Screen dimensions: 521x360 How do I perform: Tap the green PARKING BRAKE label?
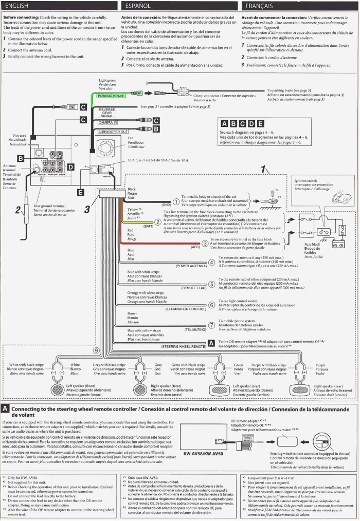point(111,96)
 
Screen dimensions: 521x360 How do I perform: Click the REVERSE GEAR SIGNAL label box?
point(107,113)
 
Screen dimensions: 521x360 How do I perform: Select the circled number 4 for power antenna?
point(211,263)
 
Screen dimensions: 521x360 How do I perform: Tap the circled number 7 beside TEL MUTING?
point(211,325)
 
